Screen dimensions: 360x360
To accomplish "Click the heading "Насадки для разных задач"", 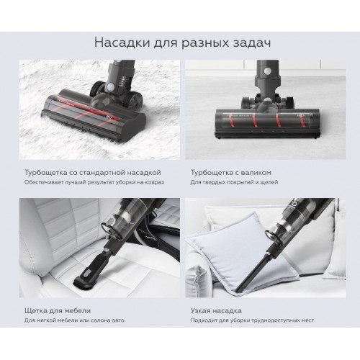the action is tap(182, 43).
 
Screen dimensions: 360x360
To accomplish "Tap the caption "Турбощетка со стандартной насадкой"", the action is tap(93, 173).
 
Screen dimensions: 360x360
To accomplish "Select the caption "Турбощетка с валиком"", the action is tap(231, 173).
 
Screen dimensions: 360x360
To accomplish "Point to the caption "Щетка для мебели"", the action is tap(58, 311).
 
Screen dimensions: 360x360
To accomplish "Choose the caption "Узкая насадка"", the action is tap(216, 311).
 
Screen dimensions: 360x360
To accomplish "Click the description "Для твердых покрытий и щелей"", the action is tap(234, 182).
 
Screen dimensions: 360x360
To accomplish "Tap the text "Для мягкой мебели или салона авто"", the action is tap(74, 320).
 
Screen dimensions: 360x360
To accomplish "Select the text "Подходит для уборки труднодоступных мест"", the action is tap(252, 320).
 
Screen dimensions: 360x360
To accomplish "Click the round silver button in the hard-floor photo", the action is tap(266, 71).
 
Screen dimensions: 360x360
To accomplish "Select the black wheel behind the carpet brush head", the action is tap(98, 90).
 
